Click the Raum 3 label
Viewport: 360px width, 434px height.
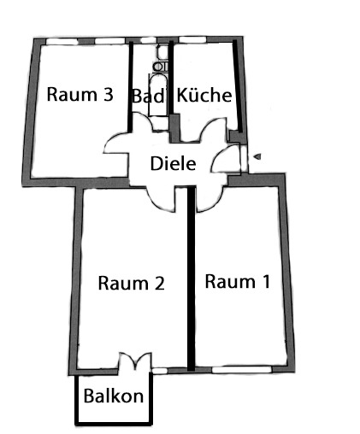(80, 94)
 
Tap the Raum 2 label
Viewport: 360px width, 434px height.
(132, 283)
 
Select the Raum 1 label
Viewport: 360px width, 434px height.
(237, 281)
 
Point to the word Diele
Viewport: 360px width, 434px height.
(173, 163)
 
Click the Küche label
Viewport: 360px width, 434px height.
(204, 95)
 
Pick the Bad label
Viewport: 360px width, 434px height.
(149, 96)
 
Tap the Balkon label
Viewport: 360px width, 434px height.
(114, 396)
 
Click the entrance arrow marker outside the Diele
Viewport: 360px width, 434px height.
(257, 156)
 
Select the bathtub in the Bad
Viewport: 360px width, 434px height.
(157, 95)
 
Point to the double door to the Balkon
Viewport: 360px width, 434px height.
(135, 361)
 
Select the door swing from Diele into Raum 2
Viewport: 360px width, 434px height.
(160, 199)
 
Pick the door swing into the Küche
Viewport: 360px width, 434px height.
(214, 130)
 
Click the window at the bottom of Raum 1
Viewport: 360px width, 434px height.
(242, 369)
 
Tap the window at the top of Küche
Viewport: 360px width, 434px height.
(193, 39)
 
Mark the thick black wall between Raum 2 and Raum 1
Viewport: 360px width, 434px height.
(192, 279)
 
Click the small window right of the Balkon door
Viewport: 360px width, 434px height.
(160, 371)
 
